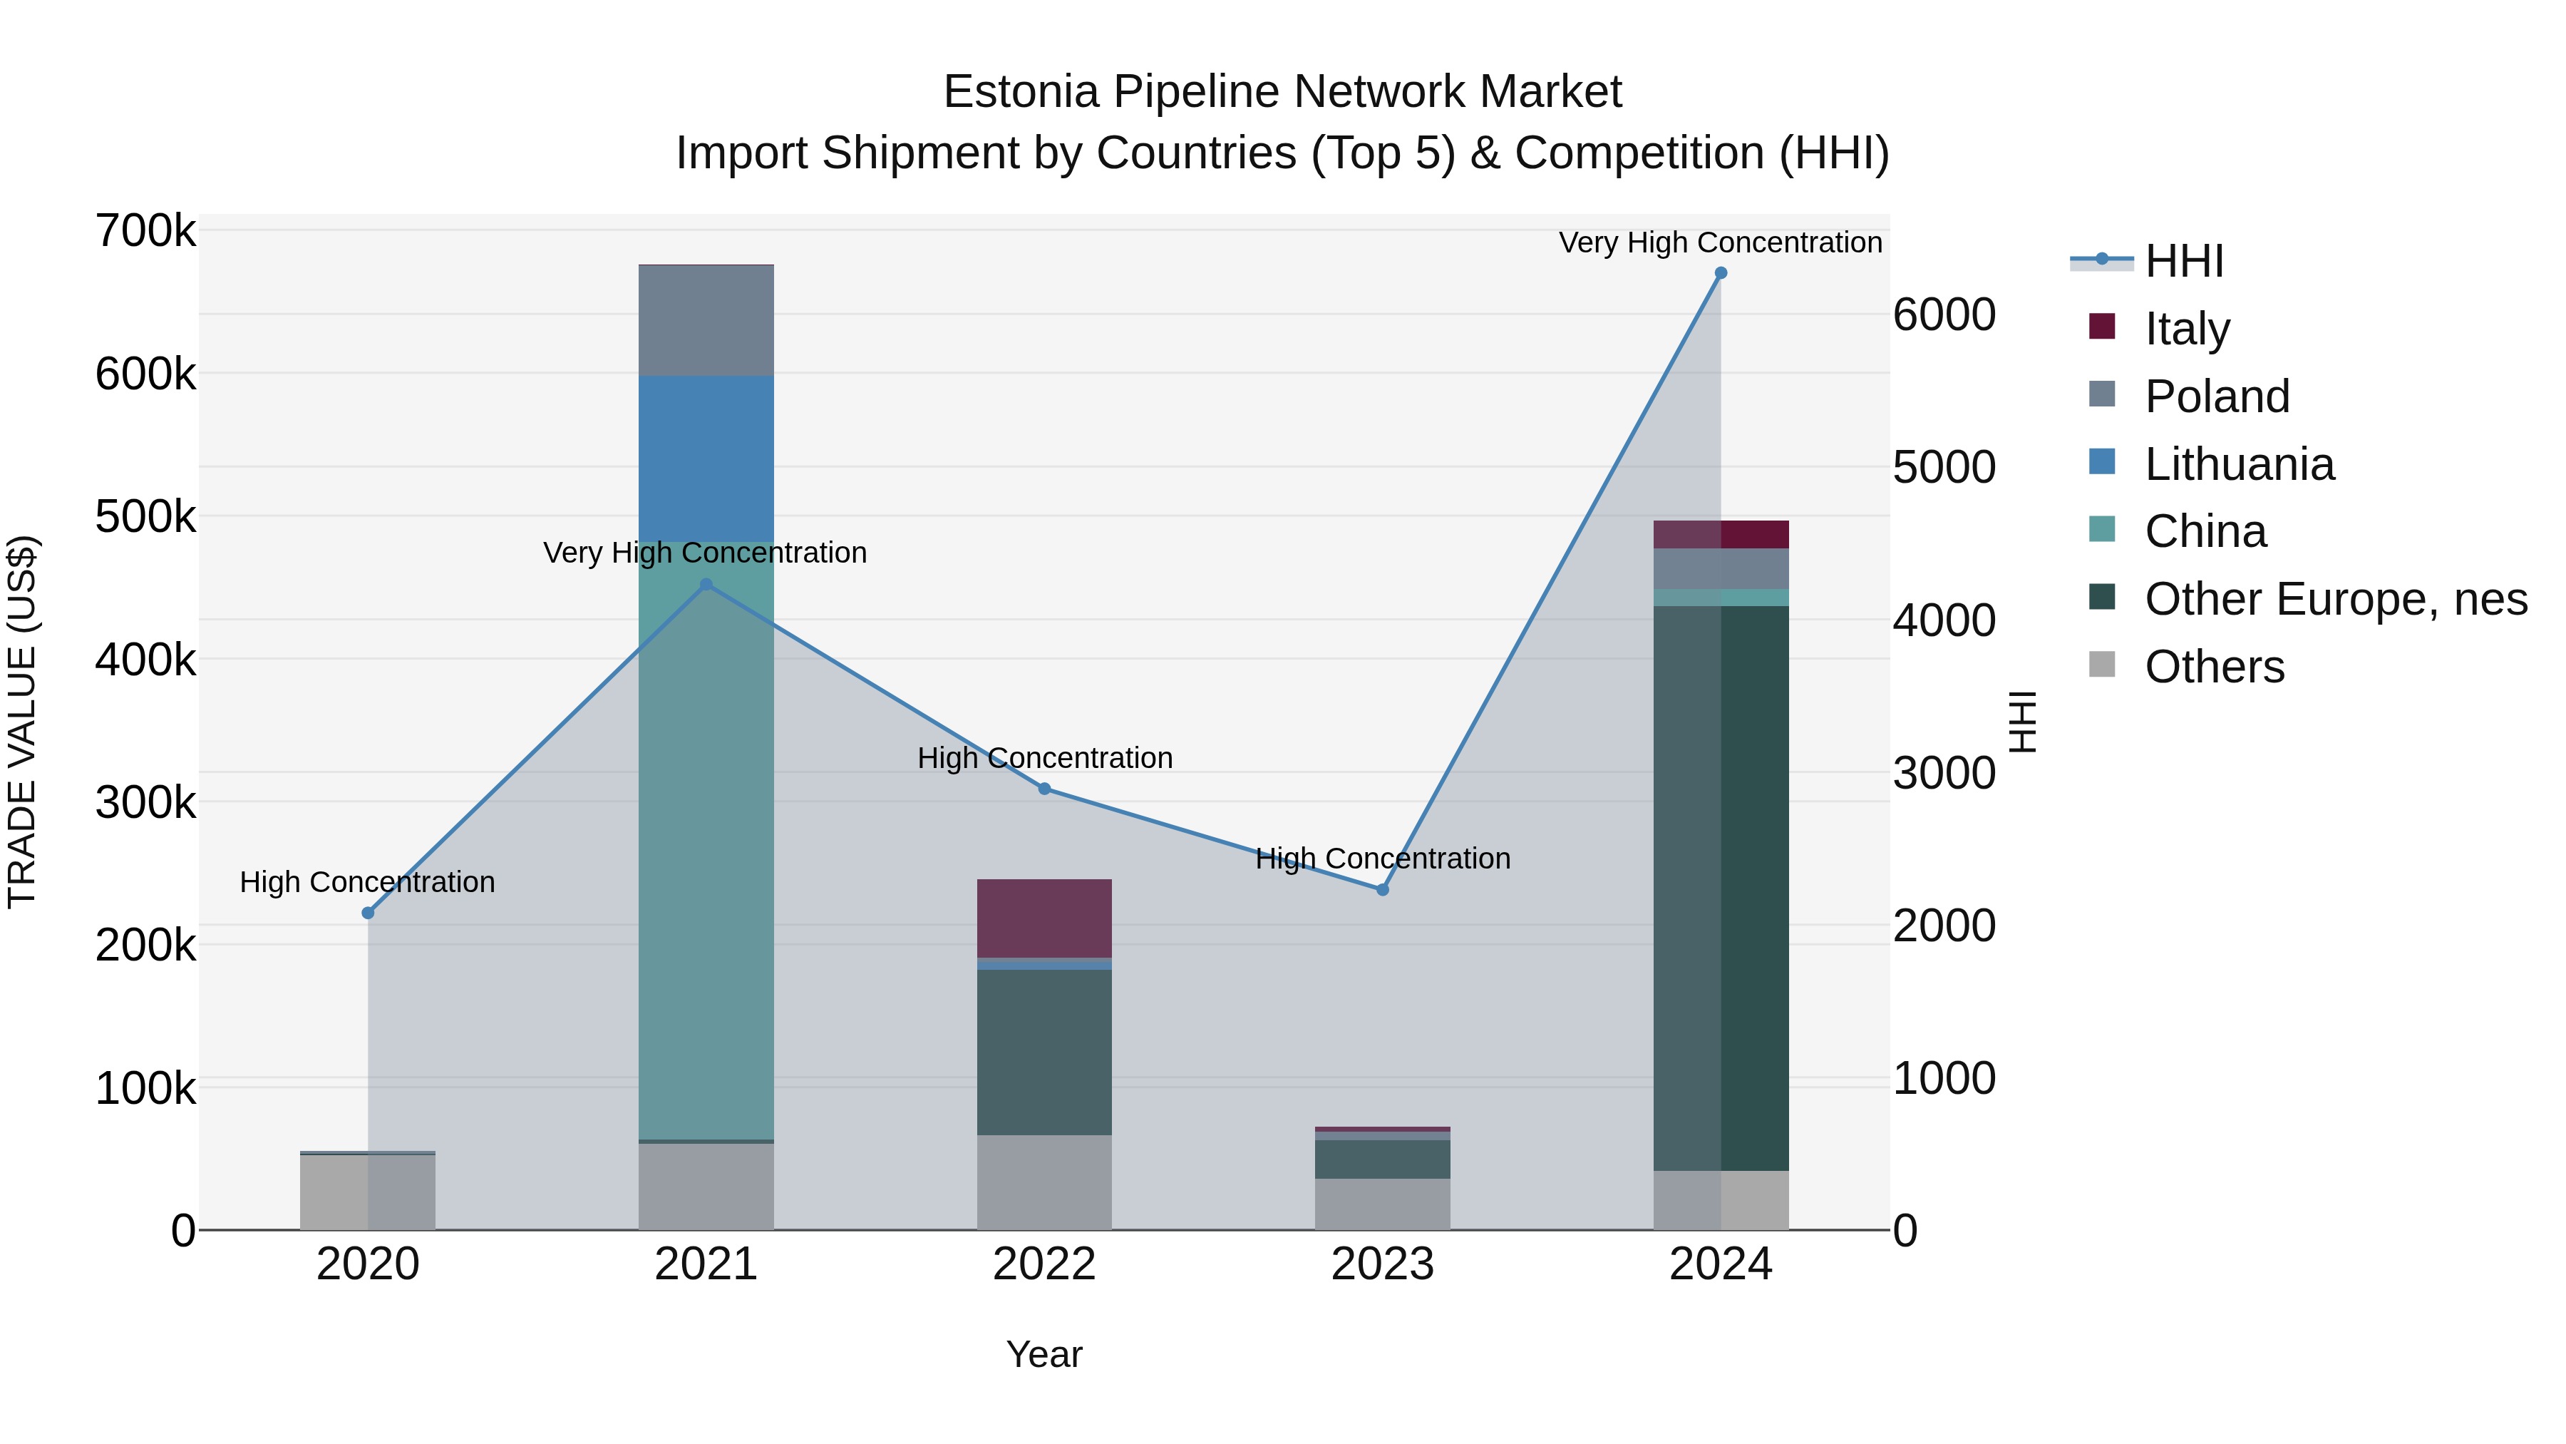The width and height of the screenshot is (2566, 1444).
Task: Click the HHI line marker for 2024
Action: click(x=1721, y=273)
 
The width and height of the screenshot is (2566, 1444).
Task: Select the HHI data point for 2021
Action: click(x=706, y=585)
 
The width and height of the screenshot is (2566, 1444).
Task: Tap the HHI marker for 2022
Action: click(x=1044, y=788)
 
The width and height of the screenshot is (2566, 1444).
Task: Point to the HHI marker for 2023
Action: click(x=1383, y=890)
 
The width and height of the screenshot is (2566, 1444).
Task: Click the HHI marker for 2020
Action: click(x=368, y=913)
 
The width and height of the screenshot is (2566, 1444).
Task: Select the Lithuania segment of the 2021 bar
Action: click(x=706, y=459)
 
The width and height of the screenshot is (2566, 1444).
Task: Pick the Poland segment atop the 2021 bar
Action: click(x=706, y=321)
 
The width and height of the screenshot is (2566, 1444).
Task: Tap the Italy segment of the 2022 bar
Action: click(x=1044, y=918)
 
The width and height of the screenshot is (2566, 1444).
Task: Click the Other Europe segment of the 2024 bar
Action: click(x=1721, y=887)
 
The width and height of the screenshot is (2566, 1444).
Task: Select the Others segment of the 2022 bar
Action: click(x=1044, y=1182)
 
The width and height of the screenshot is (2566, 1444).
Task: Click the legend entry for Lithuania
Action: click(x=2238, y=464)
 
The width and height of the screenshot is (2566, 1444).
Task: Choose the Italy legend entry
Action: click(x=2187, y=329)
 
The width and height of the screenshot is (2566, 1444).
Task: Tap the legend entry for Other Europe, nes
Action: click(x=2335, y=600)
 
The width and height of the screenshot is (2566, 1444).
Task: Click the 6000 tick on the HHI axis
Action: click(x=1944, y=315)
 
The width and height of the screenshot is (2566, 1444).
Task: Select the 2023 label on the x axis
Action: click(x=1383, y=1264)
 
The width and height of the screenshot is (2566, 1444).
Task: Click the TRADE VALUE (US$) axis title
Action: click(x=22, y=722)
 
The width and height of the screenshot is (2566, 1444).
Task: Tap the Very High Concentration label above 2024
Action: click(x=1721, y=242)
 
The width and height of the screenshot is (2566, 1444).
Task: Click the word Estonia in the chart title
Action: click(x=1020, y=92)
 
